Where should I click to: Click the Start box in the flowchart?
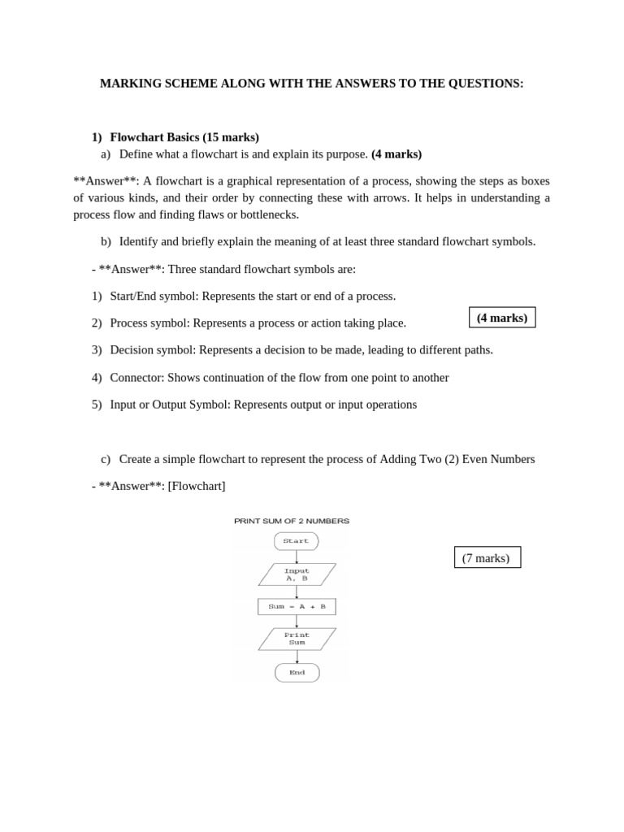coord(296,541)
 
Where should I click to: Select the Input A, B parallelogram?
coord(297,574)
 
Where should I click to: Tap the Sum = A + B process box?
coord(297,606)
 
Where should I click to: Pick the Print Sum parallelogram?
coord(297,639)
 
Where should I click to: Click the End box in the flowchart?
coord(297,673)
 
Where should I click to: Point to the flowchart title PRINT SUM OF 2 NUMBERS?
coord(292,521)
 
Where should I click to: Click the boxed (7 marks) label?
coord(487,557)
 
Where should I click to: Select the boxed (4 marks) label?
coord(502,318)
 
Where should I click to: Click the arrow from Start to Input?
coord(297,557)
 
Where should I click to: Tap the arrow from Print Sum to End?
coord(297,656)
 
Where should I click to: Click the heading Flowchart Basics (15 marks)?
coord(184,137)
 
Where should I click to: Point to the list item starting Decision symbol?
coord(301,350)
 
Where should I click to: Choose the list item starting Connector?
coord(279,378)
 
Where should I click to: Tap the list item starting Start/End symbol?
coord(253,296)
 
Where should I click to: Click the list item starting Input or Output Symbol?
coord(263,405)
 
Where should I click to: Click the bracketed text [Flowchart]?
coord(197,486)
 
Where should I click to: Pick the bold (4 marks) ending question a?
coord(396,154)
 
